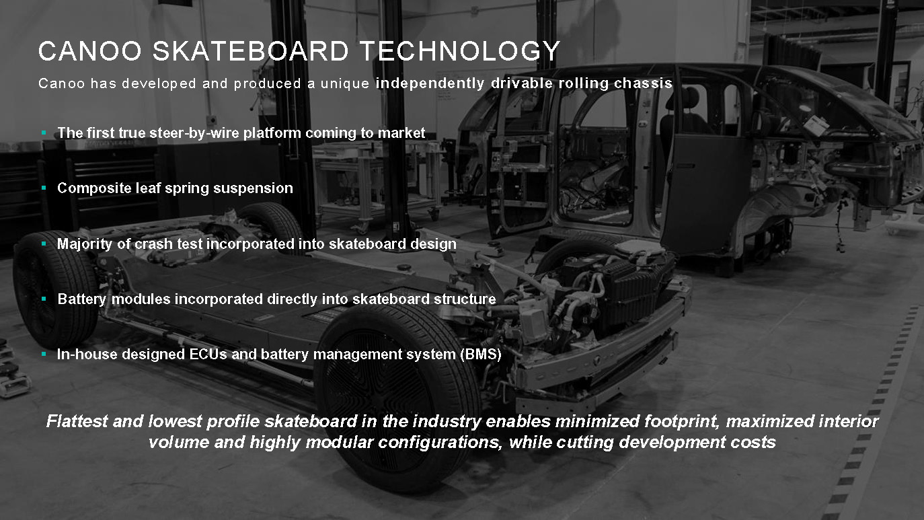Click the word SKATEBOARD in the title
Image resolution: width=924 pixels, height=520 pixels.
[x=251, y=51]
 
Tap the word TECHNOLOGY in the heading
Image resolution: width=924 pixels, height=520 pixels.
[x=459, y=51]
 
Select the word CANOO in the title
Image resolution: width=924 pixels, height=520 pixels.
[x=90, y=51]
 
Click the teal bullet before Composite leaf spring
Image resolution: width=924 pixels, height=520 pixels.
[x=44, y=188]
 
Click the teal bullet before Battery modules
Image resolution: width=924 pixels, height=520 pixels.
[x=44, y=299]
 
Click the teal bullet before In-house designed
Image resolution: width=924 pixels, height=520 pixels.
[x=44, y=354]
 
